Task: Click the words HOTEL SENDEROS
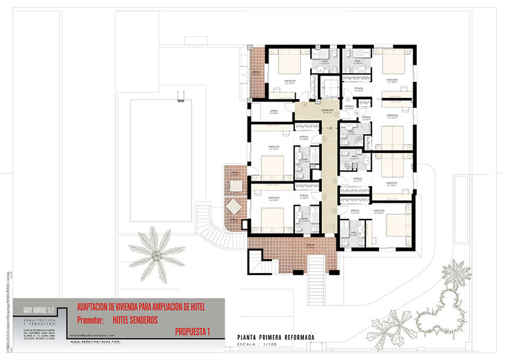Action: pyautogui.click(x=135, y=319)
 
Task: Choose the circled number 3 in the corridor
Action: pyautogui.click(x=334, y=181)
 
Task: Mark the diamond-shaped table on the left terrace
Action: pyautogui.click(x=234, y=206)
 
